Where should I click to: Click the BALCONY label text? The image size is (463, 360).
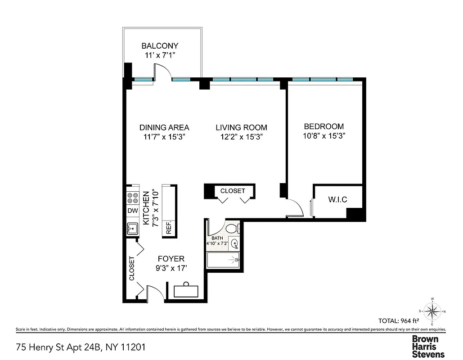point(160,46)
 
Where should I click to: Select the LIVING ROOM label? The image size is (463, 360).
point(241,127)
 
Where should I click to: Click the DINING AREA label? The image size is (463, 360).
point(164,127)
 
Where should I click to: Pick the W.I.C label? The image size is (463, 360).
point(337,199)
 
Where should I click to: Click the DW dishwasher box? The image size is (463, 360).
point(133,211)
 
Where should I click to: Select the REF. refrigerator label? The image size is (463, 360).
point(169,228)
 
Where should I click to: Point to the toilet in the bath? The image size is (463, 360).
point(232,229)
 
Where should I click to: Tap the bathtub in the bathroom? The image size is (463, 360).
point(223,260)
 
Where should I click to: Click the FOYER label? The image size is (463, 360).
point(171,259)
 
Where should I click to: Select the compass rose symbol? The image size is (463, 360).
point(432,310)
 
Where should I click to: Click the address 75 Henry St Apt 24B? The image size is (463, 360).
point(81,347)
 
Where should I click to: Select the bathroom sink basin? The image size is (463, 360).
point(234,244)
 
